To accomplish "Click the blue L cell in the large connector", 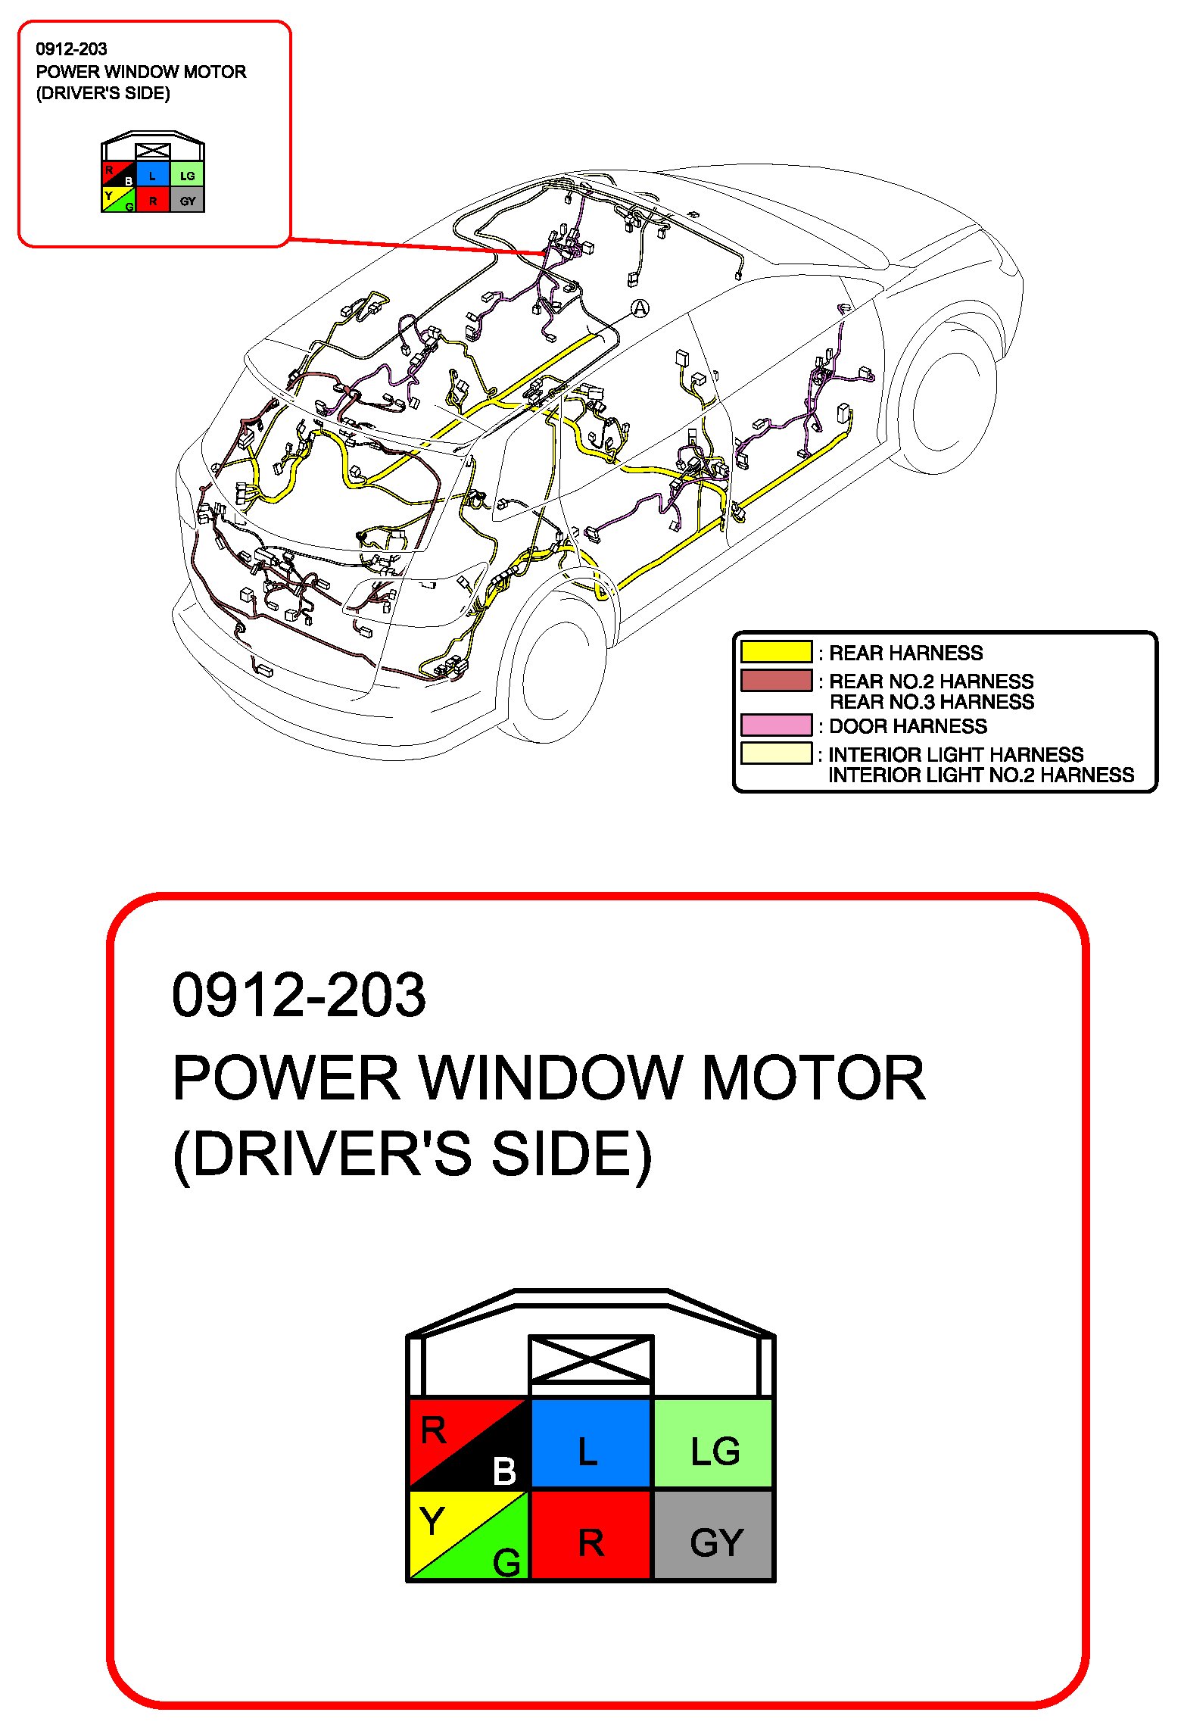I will coord(590,1443).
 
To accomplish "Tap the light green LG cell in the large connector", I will coord(713,1443).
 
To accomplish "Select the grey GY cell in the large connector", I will coord(713,1534).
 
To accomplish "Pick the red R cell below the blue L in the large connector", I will coord(590,1534).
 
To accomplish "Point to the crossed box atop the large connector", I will coord(590,1360).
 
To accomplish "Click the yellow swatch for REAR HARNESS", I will coord(776,652).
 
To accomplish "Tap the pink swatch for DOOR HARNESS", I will coord(776,725).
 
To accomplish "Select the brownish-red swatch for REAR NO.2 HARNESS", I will coord(776,680).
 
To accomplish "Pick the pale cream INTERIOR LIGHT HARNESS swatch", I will coord(776,753).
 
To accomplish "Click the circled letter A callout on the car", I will coord(640,308).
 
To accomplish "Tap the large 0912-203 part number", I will coord(299,994).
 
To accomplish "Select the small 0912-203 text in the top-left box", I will coord(71,49).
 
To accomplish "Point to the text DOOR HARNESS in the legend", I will coord(908,726).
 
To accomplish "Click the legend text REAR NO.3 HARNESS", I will coord(931,702).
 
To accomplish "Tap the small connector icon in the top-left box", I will coord(153,175).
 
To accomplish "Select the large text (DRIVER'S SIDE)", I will coord(412,1155).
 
